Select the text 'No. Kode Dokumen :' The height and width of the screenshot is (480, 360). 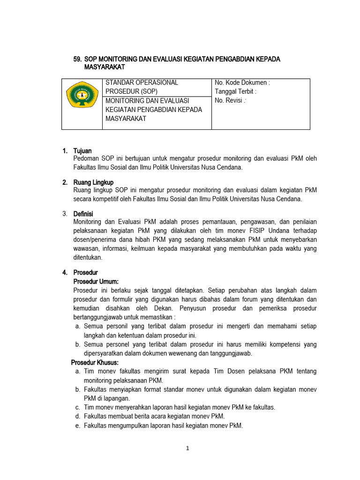242,83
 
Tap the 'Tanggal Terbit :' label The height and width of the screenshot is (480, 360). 235,92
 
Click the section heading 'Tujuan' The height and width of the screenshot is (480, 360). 82,151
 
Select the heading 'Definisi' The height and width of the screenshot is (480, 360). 83,214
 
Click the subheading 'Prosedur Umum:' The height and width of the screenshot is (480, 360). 96,282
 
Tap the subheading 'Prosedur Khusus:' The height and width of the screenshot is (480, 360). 95,363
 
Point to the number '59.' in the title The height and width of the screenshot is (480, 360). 78,59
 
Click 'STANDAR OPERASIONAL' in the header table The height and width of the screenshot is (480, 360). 142,83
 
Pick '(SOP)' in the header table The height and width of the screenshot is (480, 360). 145,92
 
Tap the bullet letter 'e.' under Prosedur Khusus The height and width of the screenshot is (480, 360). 77,426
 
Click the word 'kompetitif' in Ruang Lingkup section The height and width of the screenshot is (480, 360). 109,199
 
